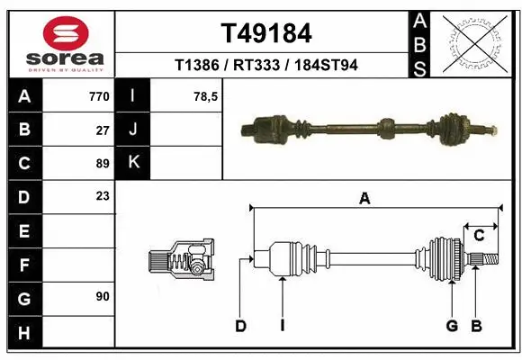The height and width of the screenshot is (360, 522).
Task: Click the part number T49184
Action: (x=266, y=33)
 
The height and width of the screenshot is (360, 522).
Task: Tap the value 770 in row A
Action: (x=99, y=95)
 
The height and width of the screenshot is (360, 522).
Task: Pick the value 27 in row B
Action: (x=103, y=130)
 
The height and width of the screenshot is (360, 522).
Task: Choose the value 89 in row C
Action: (x=103, y=164)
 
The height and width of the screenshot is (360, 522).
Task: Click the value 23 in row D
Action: (x=103, y=195)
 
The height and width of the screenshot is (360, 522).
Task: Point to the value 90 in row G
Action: (x=103, y=295)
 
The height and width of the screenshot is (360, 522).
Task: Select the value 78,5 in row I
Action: (x=206, y=95)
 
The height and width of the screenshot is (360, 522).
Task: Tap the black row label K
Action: (x=134, y=163)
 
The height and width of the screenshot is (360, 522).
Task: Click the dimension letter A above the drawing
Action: (x=364, y=199)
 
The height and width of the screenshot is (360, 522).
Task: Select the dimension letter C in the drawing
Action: (x=480, y=235)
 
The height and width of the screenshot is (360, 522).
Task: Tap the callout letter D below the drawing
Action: (x=241, y=326)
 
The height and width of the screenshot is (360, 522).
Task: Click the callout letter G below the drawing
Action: (x=452, y=326)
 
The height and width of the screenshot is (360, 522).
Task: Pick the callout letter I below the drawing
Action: (x=282, y=326)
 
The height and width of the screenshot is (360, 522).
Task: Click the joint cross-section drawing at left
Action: (x=183, y=261)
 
